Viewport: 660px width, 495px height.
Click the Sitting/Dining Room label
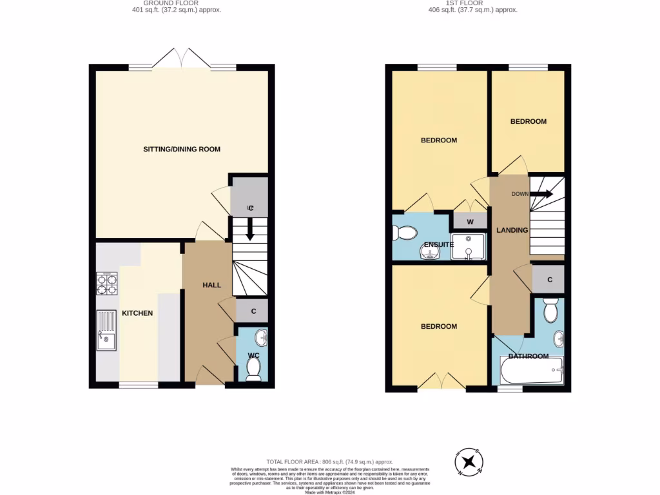[x=182, y=149]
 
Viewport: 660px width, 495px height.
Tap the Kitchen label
[x=137, y=313]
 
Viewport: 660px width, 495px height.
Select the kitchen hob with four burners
[x=107, y=283]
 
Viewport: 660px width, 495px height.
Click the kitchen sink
[x=106, y=331]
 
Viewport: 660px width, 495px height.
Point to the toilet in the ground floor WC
[x=253, y=369]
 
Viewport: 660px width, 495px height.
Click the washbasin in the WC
[x=260, y=337]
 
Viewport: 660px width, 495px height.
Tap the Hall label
[x=212, y=285]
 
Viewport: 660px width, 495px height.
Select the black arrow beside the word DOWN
[x=541, y=194]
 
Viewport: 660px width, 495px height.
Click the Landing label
[x=512, y=230]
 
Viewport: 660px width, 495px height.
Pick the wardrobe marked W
[x=470, y=222]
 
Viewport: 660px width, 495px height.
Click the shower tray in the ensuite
[x=468, y=247]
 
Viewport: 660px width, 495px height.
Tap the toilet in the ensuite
[x=405, y=232]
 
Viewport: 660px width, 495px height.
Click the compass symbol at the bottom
[x=469, y=461]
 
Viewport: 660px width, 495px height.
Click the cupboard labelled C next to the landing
[x=549, y=279]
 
